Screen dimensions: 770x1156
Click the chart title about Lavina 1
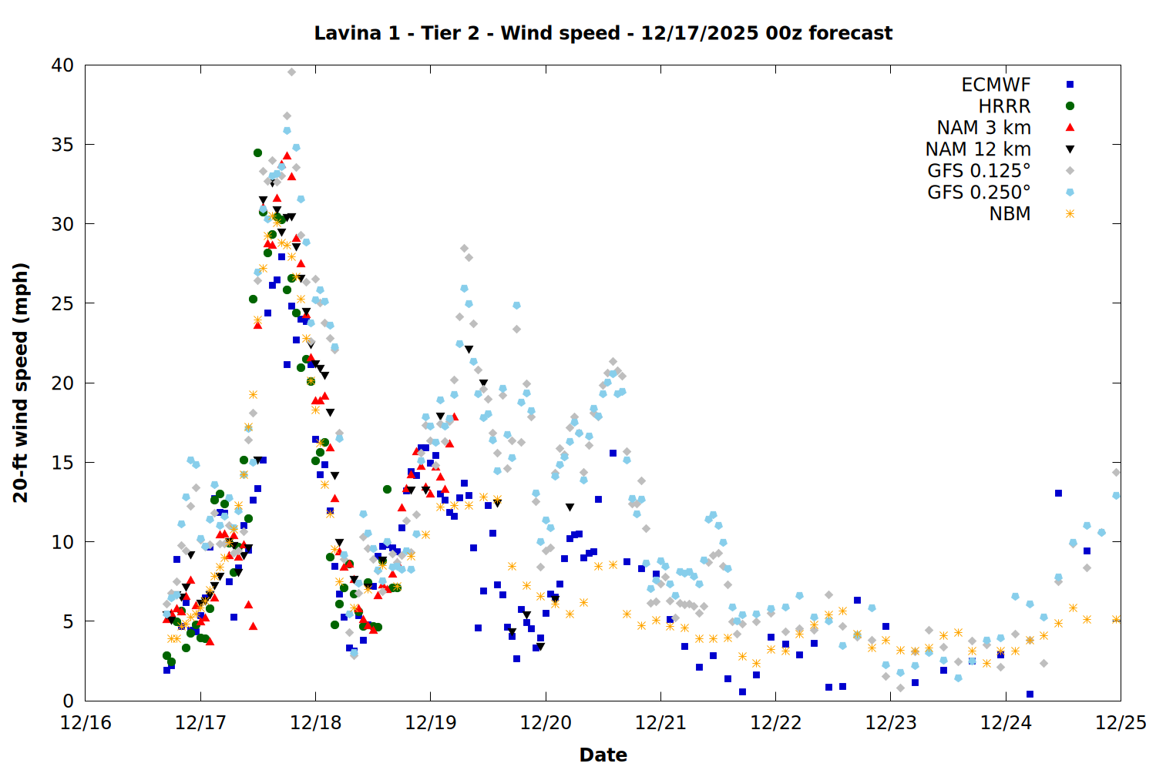(603, 33)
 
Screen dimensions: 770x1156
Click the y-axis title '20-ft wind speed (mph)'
(21, 383)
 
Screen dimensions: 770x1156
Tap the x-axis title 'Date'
(603, 755)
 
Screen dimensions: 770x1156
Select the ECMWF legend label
(996, 85)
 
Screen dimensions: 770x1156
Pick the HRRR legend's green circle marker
(1070, 106)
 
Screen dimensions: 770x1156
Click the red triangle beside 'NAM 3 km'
(1070, 127)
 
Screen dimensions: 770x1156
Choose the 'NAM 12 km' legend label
(978, 149)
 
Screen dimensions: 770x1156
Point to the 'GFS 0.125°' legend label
(979, 171)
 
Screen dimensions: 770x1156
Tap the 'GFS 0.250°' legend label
(979, 192)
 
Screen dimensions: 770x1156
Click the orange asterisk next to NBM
(1070, 214)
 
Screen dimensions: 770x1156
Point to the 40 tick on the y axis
(62, 66)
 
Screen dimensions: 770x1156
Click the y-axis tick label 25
(62, 304)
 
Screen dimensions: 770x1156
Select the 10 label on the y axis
(62, 542)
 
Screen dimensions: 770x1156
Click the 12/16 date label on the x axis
(86, 723)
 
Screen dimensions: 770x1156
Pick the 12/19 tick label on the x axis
(430, 723)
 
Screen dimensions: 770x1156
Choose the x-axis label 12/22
(775, 723)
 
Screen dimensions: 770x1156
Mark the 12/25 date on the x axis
(1121, 723)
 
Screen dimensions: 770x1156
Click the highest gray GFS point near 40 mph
(291, 72)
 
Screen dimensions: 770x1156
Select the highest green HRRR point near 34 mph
(257, 153)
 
